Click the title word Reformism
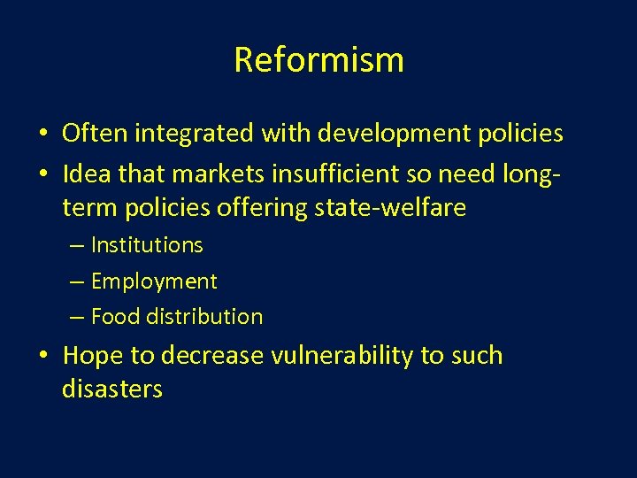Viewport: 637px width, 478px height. point(318,59)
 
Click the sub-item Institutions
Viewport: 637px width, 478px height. point(147,245)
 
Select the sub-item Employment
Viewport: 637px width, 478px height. point(154,281)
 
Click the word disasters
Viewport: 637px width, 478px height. point(112,389)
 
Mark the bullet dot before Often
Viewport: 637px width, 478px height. point(42,135)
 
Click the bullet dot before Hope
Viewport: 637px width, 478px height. point(42,357)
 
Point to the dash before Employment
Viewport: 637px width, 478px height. point(76,282)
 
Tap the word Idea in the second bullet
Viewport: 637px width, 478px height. point(86,175)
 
